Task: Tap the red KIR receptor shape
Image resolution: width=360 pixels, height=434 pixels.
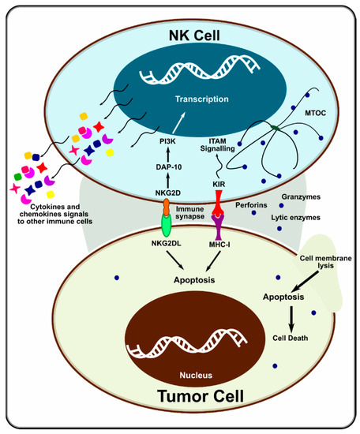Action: (x=221, y=208)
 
